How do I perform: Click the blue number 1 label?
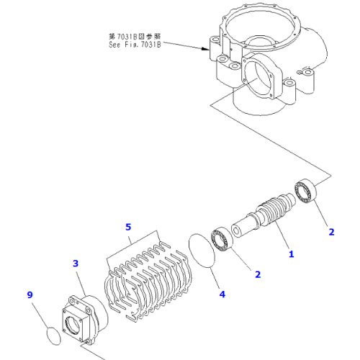291,253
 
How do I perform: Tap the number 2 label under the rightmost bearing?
331,232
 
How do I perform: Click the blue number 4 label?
222,293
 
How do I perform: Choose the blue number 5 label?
128,227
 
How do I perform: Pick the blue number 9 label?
30,294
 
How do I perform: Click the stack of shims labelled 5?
148,277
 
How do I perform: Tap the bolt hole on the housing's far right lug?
307,73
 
